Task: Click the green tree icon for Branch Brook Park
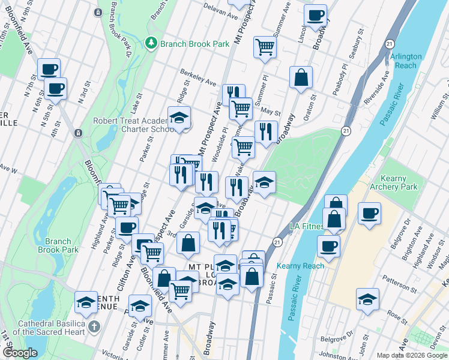click(x=151, y=43)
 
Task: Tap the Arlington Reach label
click(x=406, y=61)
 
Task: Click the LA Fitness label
click(x=306, y=226)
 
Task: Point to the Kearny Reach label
click(x=301, y=266)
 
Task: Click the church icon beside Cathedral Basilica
click(x=92, y=327)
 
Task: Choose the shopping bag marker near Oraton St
click(x=301, y=77)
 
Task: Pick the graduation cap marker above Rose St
click(x=367, y=298)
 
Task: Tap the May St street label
click(x=271, y=111)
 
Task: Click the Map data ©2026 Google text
click(x=411, y=355)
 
